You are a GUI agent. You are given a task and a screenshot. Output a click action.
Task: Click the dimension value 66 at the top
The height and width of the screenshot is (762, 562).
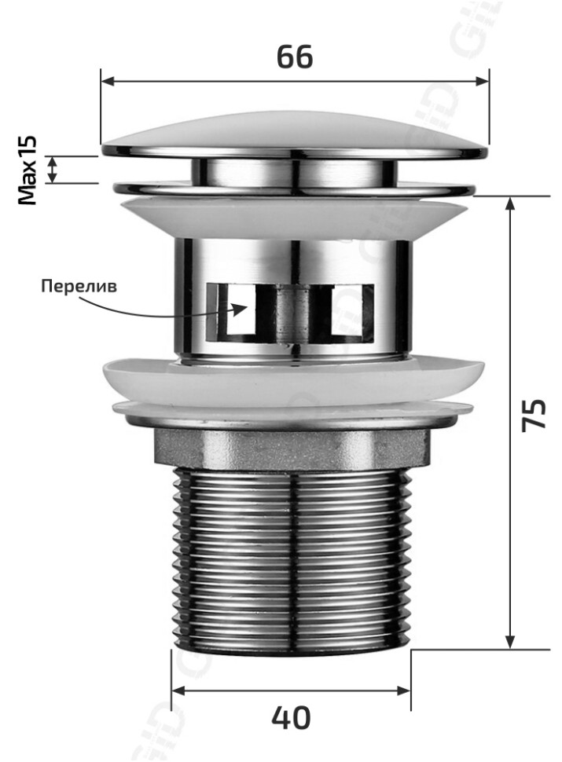[295, 57]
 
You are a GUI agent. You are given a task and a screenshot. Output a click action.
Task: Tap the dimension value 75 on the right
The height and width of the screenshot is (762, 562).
[534, 415]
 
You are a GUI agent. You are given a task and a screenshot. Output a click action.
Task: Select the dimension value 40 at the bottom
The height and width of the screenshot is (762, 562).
[291, 718]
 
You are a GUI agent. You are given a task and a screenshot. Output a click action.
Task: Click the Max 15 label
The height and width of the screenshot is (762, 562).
[28, 170]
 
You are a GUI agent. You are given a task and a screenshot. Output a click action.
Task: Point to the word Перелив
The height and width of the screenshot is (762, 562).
[79, 286]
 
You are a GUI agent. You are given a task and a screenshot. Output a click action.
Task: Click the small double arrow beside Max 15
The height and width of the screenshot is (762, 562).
[53, 170]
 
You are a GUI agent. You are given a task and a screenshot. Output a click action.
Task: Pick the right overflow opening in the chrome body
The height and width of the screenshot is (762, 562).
[351, 313]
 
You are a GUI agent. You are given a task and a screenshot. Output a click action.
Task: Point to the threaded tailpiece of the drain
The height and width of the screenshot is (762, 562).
[291, 558]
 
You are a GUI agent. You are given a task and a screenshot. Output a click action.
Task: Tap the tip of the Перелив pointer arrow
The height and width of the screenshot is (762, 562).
[246, 307]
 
